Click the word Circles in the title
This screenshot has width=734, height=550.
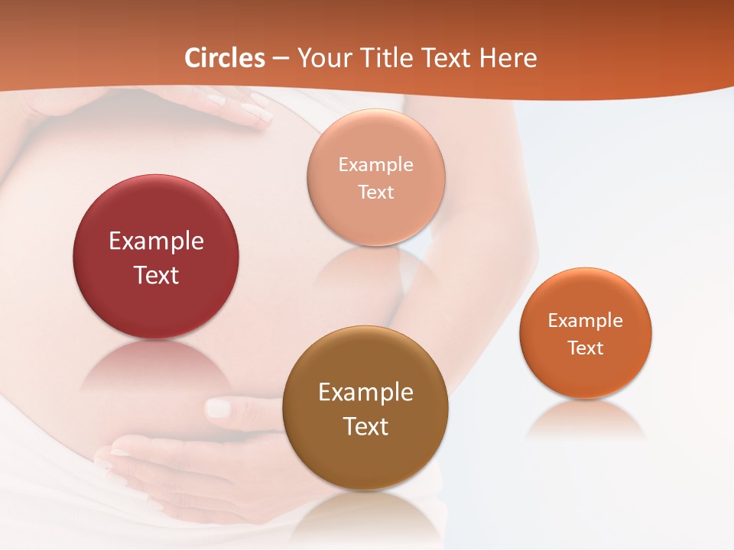[225, 58]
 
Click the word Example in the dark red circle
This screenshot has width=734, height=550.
[156, 241]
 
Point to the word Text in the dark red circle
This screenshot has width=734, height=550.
[156, 275]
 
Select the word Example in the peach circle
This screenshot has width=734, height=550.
[375, 165]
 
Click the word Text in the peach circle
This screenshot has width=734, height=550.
[375, 192]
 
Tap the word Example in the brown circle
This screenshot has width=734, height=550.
[365, 393]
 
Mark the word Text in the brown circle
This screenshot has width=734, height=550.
[365, 426]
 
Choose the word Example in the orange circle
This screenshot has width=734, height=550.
[585, 321]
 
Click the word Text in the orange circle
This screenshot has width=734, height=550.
[585, 348]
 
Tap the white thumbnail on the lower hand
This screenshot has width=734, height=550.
[219, 409]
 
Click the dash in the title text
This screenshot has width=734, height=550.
[281, 59]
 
